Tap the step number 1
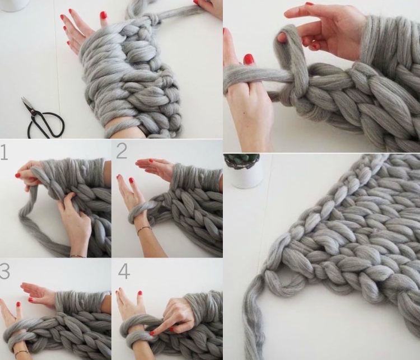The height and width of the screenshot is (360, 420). [4, 152]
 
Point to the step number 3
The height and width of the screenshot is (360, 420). [4, 271]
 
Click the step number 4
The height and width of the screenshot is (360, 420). [124, 272]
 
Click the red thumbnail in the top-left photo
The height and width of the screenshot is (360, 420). [103, 15]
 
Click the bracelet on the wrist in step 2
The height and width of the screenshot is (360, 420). [144, 230]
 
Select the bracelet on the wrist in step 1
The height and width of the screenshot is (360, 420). [78, 256]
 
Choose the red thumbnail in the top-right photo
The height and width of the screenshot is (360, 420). [249, 59]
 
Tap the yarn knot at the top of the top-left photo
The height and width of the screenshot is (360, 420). [153, 18]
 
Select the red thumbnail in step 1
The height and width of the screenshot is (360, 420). [18, 175]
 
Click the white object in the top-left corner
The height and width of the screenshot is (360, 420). [15, 6]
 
